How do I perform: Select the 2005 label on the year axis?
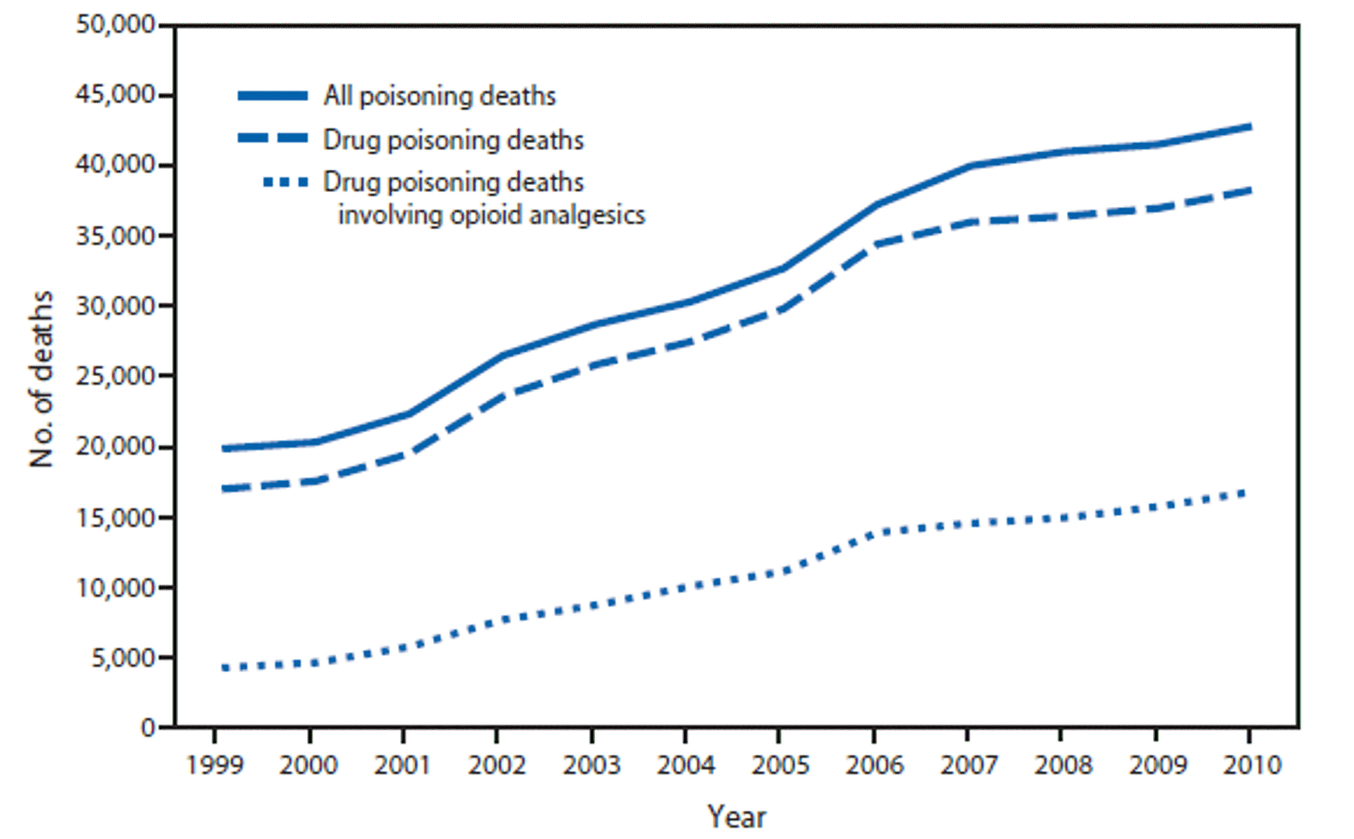click(x=780, y=765)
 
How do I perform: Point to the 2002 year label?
click(x=496, y=765)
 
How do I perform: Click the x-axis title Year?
click(x=737, y=816)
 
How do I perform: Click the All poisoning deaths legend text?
click(x=439, y=96)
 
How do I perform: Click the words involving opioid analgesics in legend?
click(x=492, y=215)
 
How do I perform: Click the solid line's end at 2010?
click(x=1249, y=127)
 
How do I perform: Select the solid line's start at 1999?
click(x=224, y=448)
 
